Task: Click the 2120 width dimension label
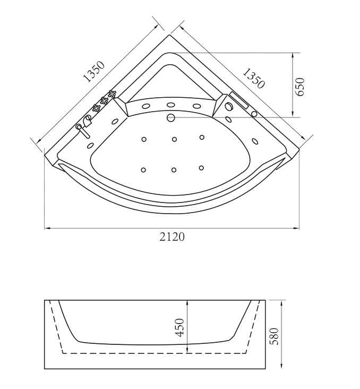[x=172, y=236]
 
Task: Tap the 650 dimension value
[x=299, y=87]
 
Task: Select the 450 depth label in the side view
[x=179, y=327]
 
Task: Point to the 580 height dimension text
[x=274, y=336]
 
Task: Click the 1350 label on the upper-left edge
[x=94, y=71]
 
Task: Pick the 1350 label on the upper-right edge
[x=253, y=78]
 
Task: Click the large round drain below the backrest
[x=171, y=117]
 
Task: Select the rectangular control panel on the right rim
[x=239, y=100]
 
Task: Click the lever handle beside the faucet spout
[x=83, y=131]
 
